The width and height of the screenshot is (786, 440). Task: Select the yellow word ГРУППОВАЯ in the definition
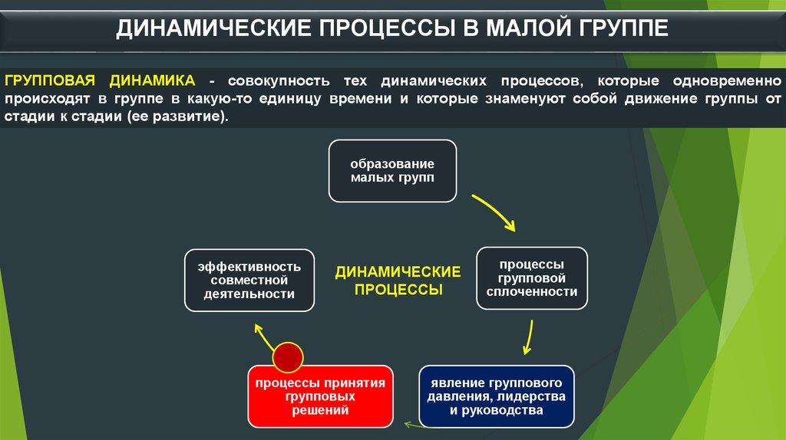point(51,80)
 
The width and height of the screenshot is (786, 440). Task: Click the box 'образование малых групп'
point(392,171)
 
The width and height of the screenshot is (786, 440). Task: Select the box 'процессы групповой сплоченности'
point(532,277)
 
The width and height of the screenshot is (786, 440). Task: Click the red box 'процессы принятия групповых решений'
point(320,396)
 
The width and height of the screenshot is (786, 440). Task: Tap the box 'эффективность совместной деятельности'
point(249,280)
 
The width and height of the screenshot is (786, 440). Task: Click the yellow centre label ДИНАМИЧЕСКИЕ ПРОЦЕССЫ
point(398,281)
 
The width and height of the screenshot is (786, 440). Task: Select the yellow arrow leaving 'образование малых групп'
point(493,212)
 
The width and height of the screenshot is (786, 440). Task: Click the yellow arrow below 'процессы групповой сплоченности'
point(528,338)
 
